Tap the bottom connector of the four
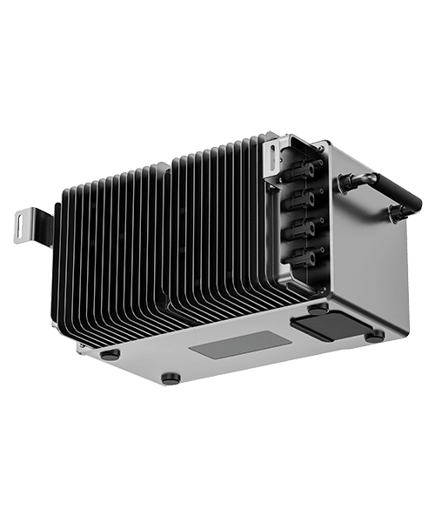tap(305, 257)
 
